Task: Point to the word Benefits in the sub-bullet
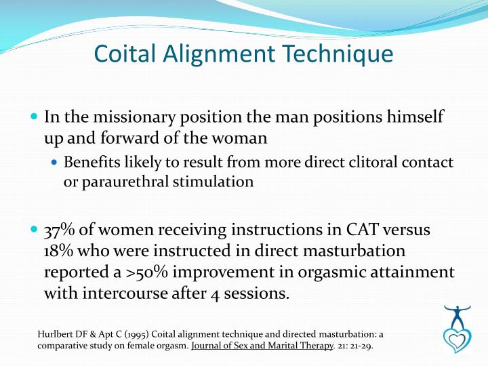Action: [x=88, y=163]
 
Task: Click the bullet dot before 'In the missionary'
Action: [x=35, y=117]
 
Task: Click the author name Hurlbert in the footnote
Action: [x=56, y=334]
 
